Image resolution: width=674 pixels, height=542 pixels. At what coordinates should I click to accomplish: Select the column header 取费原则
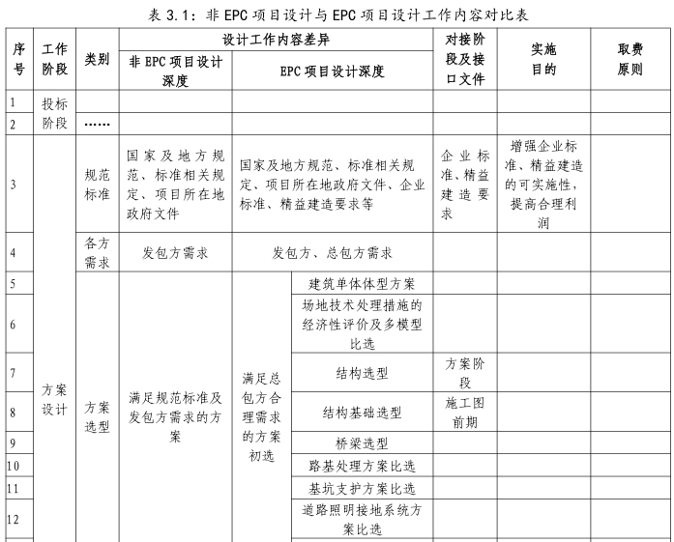coord(630,59)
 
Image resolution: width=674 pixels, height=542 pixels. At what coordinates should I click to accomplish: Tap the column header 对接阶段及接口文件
coord(465,59)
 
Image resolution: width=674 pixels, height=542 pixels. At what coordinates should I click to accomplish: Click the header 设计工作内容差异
coord(276,40)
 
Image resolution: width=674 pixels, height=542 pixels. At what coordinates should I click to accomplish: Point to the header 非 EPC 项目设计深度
coord(175,71)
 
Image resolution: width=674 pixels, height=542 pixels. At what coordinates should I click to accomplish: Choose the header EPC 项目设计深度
coord(332,71)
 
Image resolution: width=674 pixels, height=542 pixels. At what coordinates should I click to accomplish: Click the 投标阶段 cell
coord(55,113)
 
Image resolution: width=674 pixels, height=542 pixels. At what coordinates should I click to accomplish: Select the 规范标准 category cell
coord(97,183)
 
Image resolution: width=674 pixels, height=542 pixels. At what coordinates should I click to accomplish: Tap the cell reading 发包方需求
coord(175,253)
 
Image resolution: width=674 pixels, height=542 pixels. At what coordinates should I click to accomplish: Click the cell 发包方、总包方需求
coord(332,253)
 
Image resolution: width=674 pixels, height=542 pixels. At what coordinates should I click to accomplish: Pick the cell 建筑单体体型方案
coord(362,284)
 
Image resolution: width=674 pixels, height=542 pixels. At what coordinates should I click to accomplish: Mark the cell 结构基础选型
coord(362,413)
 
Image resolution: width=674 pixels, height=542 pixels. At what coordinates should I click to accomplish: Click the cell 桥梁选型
coord(362,443)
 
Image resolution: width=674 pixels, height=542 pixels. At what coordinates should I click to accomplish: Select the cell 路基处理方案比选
coord(362,466)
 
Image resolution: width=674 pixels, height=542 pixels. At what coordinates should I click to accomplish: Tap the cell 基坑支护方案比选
coord(362,488)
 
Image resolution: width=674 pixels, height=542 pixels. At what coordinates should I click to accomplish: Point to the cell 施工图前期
coord(465,412)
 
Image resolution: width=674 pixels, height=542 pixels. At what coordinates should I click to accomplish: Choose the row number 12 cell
coord(14,520)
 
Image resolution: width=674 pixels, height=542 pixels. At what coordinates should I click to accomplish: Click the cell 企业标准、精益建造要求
coord(465,184)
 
